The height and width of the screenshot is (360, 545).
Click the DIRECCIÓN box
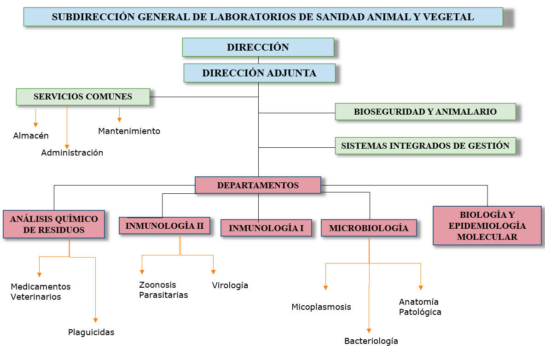[x=258, y=47]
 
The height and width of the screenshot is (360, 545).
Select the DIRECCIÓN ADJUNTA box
[x=259, y=73]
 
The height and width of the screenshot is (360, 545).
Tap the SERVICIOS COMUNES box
[x=83, y=97]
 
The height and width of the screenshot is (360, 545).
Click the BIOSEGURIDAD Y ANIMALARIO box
[x=425, y=111]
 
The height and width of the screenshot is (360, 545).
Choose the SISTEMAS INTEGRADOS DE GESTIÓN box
[x=425, y=145]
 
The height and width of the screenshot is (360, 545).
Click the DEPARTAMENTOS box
[x=258, y=185]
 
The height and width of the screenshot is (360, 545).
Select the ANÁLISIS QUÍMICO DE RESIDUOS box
[x=54, y=224]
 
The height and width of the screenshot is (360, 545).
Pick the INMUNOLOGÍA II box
[x=164, y=226]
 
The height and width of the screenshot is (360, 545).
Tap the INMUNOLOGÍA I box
[x=266, y=228]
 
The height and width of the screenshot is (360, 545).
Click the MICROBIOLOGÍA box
[x=368, y=228]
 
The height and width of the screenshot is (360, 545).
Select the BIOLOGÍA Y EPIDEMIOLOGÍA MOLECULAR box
[x=487, y=226]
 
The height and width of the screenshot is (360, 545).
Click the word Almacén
[x=31, y=136]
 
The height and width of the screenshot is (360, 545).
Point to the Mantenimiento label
[x=129, y=131]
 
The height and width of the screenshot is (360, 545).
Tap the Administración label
[x=72, y=152]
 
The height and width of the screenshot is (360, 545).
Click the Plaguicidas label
[x=91, y=332]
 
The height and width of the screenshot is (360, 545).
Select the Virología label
[x=230, y=285]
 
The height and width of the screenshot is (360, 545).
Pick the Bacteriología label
[x=371, y=341]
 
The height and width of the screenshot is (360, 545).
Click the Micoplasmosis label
[x=321, y=307]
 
